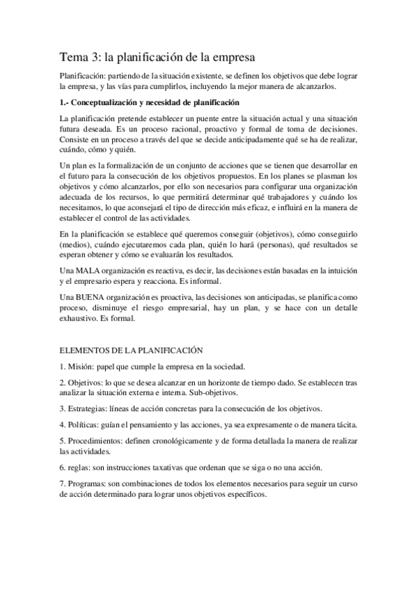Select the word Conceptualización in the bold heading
tap(109, 102)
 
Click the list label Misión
tap(82, 367)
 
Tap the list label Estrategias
tap(93, 408)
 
